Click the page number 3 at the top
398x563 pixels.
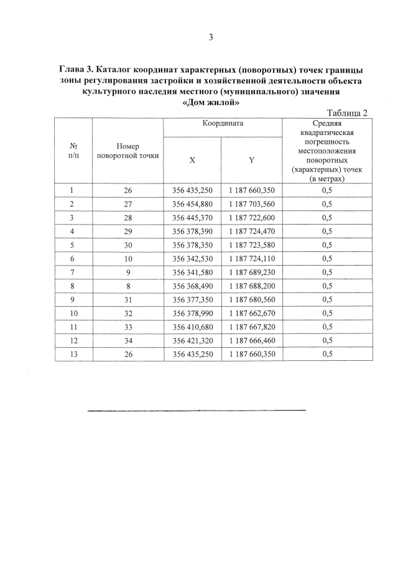210,37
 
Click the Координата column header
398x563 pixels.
222,123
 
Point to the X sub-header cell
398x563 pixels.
192,160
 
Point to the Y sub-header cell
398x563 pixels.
251,160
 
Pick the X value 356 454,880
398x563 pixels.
192,204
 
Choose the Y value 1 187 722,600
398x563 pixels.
251,217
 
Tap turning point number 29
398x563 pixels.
127,231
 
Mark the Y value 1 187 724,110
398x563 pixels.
251,258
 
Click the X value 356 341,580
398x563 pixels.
192,272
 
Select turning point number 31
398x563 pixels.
127,299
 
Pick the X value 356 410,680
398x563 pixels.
192,327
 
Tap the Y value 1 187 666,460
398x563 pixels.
251,340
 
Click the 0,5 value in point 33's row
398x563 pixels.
327,327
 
